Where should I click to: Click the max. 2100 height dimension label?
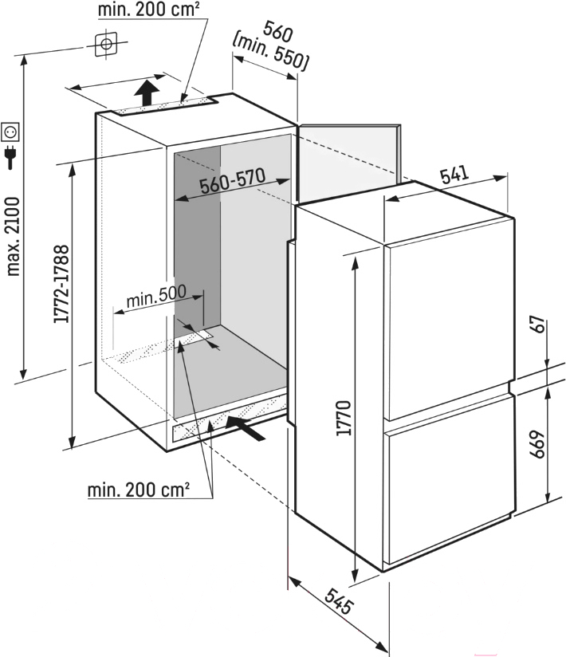coord(13,237)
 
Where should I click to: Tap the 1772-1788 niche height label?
coord(61,284)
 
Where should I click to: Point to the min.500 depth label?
coord(155,295)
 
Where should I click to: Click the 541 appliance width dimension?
coord(454,175)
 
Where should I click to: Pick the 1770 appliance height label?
coord(344,418)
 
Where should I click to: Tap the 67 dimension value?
coord(540,325)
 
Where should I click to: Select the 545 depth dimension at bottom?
coord(340,601)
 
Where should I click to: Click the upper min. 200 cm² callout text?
coord(148,10)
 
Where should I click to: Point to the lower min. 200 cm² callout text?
coord(138,489)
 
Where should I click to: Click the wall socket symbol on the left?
coord(10,132)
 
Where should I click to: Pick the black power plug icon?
coord(10,157)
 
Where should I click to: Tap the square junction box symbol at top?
coord(106,44)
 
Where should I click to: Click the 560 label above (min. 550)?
coord(277,31)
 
